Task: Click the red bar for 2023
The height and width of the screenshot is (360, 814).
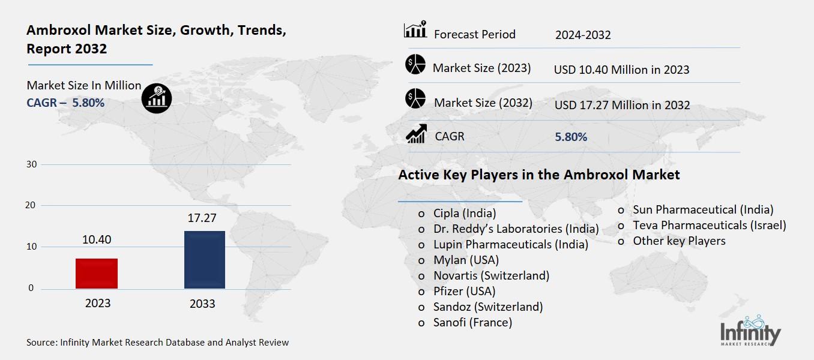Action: coord(97,274)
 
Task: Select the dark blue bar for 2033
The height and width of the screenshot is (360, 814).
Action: coord(204,260)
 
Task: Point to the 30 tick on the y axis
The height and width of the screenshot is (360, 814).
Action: coord(31,164)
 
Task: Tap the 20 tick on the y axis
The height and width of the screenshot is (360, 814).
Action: coord(31,205)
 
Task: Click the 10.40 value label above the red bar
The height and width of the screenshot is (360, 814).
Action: coord(97,240)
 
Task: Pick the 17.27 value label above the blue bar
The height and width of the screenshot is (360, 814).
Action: coord(202,218)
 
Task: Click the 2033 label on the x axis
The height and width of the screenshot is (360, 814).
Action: coord(202,304)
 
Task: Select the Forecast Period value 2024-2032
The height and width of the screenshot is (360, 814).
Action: coord(583,35)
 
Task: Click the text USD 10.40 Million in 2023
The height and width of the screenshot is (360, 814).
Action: coord(621,70)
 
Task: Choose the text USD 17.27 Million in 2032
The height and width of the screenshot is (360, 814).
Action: coord(622,105)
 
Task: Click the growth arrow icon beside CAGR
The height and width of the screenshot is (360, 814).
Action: coord(415,134)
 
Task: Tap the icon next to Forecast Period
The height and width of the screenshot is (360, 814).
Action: coord(415,29)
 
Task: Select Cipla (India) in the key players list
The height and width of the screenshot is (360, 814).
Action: coord(465,213)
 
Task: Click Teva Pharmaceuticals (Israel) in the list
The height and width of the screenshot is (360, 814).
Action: coord(709,225)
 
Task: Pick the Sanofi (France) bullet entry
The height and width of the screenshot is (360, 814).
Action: coord(472,322)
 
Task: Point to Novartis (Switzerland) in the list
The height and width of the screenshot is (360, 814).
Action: coord(491,275)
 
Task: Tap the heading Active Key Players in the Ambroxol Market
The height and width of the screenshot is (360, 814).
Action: coord(538,175)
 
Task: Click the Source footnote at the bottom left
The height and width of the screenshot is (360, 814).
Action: coord(158,343)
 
